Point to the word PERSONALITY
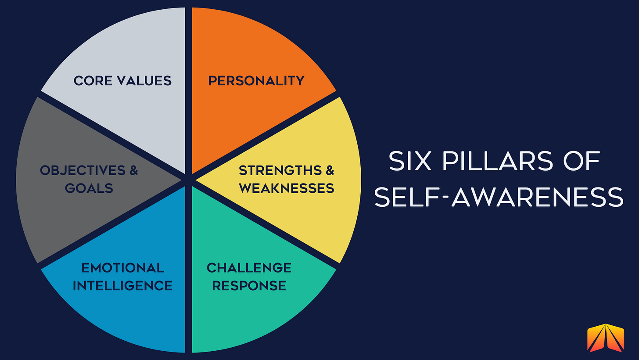pos(256,81)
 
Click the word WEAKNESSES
pos(287,188)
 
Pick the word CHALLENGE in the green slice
pos(249,267)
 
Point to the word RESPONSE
pos(249,286)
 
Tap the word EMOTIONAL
pos(123,267)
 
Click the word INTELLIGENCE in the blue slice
pos(122,286)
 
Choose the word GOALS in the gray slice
pos(89,188)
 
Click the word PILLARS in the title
pos(490,162)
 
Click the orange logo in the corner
pos(606,338)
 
